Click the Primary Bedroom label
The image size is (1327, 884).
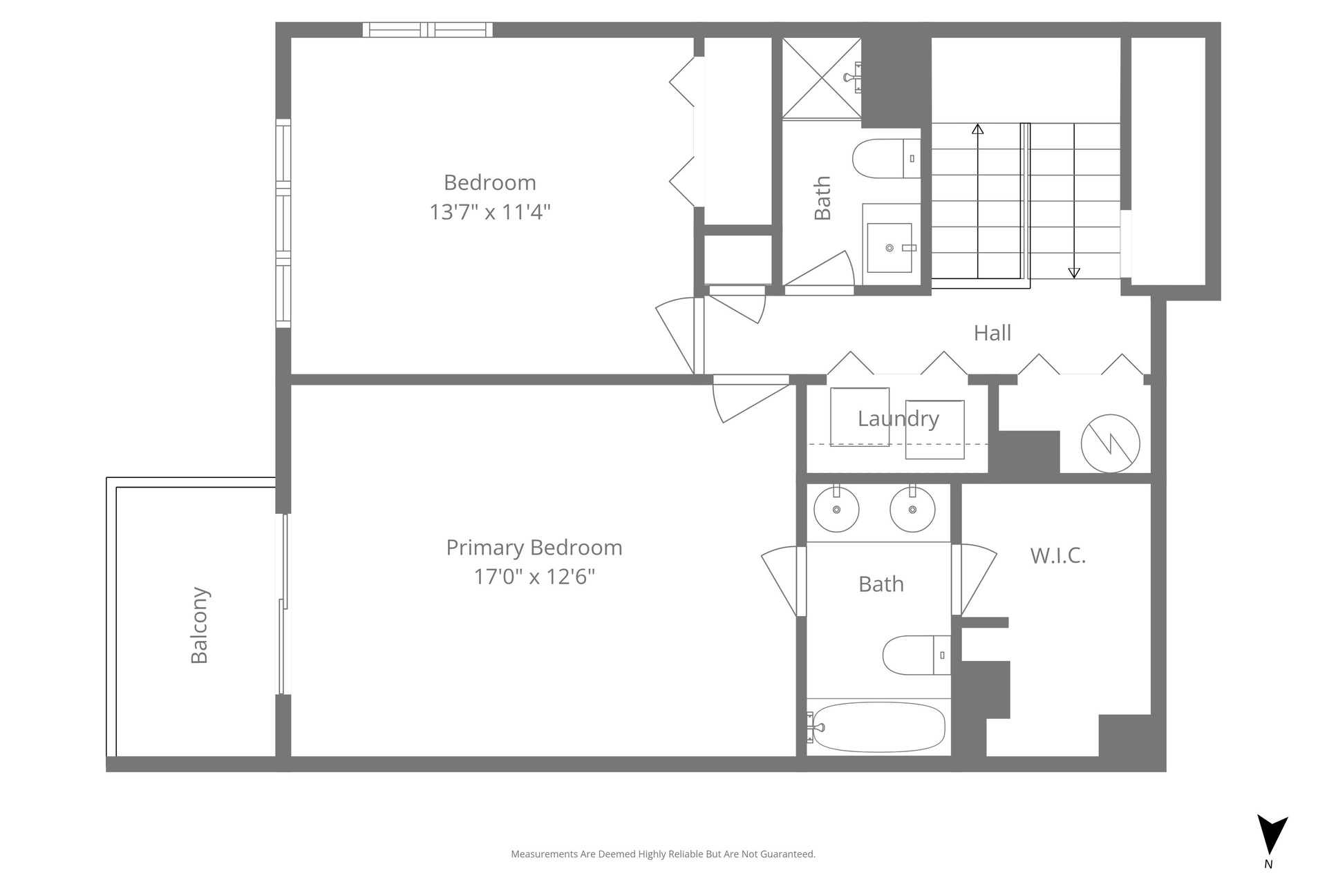click(x=534, y=548)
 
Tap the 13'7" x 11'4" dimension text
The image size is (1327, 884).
click(x=490, y=211)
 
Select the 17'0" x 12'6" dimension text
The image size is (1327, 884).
click(x=534, y=576)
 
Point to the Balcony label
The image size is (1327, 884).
click(x=199, y=626)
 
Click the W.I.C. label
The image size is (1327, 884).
click(x=1058, y=555)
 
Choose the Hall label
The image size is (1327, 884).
click(x=992, y=333)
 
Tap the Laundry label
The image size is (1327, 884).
click(x=898, y=419)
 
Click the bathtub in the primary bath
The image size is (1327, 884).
click(x=878, y=727)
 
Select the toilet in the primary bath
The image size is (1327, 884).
click(x=916, y=655)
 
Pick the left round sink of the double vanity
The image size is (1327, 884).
click(x=836, y=509)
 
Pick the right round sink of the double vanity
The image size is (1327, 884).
click(x=912, y=509)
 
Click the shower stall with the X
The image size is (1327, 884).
click(x=822, y=78)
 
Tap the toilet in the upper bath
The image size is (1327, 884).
click(x=887, y=159)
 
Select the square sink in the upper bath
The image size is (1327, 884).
click(x=890, y=247)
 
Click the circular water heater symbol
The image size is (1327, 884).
click(x=1110, y=443)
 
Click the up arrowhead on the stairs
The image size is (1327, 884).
click(x=977, y=128)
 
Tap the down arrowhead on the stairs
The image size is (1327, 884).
click(x=1074, y=273)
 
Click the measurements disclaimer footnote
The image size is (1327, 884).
click(x=663, y=854)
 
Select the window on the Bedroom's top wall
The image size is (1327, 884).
click(x=428, y=30)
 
